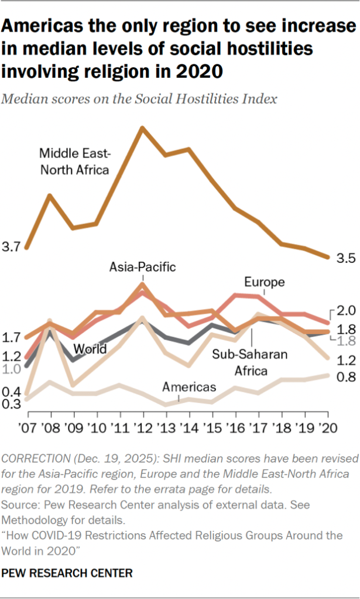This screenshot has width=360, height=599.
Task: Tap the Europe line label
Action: point(265,282)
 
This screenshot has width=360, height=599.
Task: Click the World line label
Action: point(90,349)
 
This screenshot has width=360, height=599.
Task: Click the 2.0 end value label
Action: point(345,311)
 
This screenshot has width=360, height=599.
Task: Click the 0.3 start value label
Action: point(12,404)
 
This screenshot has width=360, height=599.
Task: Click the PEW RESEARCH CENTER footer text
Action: point(67,572)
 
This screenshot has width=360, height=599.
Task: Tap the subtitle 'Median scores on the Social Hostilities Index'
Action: point(139,98)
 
